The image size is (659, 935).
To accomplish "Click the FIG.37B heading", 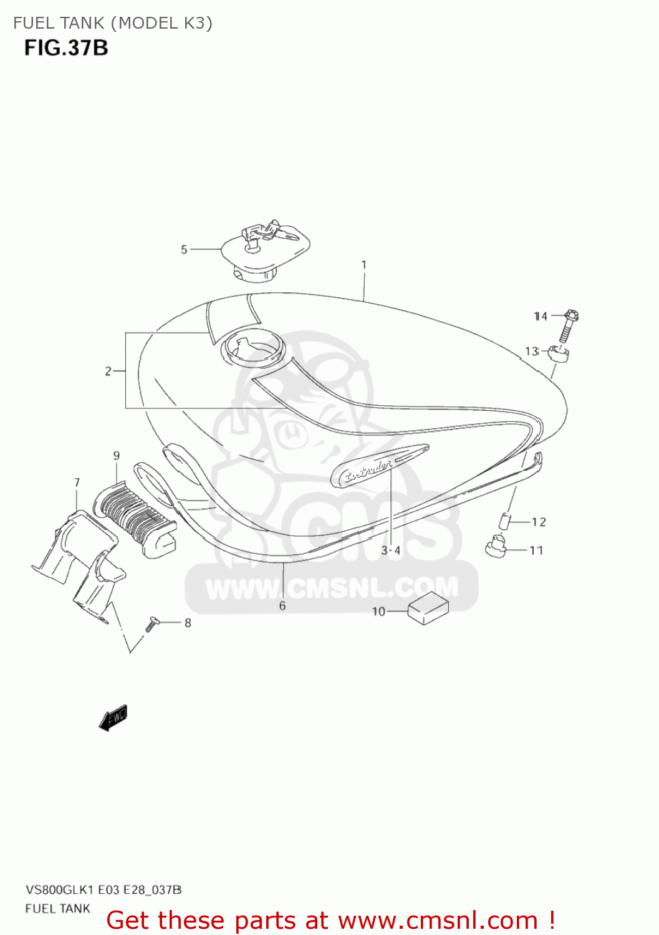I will click(x=66, y=48).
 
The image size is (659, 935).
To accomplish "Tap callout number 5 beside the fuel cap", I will click(x=184, y=249).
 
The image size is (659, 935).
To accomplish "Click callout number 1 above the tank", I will click(x=364, y=265).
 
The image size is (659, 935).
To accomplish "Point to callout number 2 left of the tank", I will click(x=108, y=372).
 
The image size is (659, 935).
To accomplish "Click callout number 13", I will click(x=531, y=352).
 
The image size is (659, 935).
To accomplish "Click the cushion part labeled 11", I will click(x=496, y=547).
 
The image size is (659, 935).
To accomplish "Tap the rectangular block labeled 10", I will click(x=428, y=608).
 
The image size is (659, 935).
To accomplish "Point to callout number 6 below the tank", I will click(x=282, y=606).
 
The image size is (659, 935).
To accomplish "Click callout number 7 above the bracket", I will click(x=77, y=482).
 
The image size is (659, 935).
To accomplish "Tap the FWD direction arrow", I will click(x=113, y=718).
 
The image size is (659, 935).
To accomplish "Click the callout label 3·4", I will click(x=391, y=550).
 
